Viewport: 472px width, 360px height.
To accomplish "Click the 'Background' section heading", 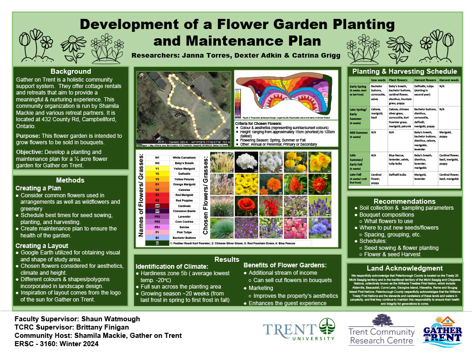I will pyautogui.click(x=71, y=71).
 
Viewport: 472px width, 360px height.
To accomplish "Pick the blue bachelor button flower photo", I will pyautogui.click(x=319, y=228).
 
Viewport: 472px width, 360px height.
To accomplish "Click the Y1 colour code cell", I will pyautogui.click(x=157, y=168).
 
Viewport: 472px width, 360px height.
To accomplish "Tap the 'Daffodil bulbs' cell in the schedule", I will pyautogui.click(x=399, y=175).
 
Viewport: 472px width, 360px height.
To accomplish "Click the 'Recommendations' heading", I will pyautogui.click(x=404, y=201).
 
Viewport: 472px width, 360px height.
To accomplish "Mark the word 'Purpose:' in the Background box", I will pyautogui.click(x=29, y=136).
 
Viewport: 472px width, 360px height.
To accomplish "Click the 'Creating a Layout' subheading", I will pyautogui.click(x=42, y=246).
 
